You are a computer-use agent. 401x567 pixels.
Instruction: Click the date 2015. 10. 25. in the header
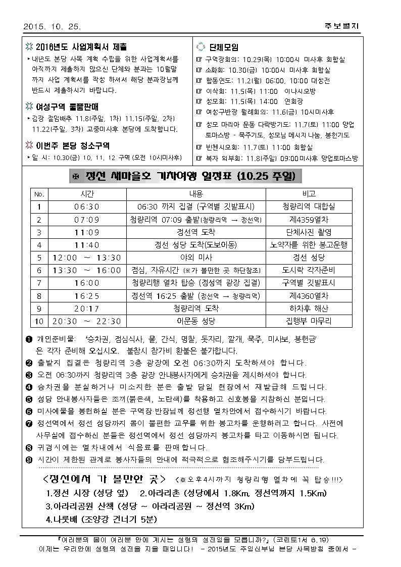click(x=52, y=26)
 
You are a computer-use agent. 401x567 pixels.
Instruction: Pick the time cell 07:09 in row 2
click(x=87, y=220)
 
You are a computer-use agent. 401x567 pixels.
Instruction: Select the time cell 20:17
click(x=87, y=308)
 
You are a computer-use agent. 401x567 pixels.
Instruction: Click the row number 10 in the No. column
click(x=39, y=321)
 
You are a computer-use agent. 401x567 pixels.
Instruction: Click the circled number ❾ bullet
click(x=29, y=460)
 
